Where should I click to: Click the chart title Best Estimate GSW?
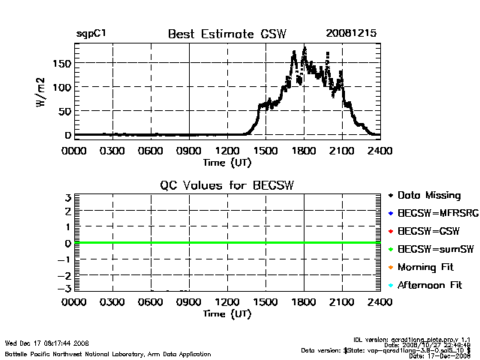click(x=227, y=34)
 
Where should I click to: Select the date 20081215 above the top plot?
click(x=351, y=34)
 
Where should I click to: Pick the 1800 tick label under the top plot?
click(x=304, y=150)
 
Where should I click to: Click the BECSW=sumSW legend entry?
click(x=432, y=248)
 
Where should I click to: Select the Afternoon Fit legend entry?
click(x=430, y=285)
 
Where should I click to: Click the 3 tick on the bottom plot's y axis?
click(x=67, y=197)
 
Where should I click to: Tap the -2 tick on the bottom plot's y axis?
click(x=66, y=274)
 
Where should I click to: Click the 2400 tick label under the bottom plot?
click(x=380, y=303)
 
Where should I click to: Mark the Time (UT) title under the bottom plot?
click(x=227, y=314)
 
